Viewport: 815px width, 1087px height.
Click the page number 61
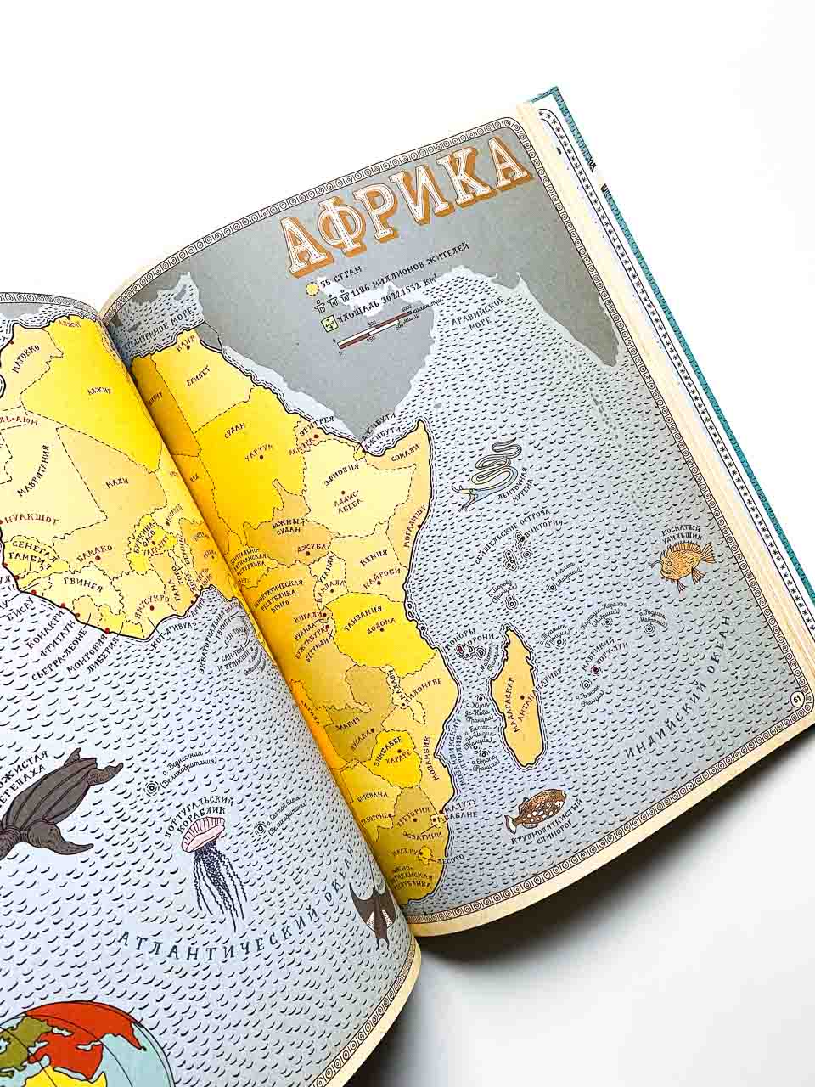[x=795, y=699]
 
